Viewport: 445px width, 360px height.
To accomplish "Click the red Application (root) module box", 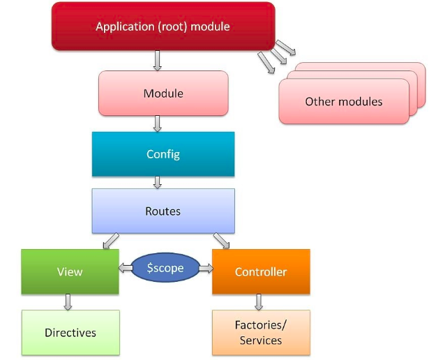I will tap(163, 27).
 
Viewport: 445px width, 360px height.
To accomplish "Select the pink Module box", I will tap(163, 93).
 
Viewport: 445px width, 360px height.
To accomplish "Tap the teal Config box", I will tap(163, 153).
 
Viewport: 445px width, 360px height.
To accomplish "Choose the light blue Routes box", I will tap(163, 210).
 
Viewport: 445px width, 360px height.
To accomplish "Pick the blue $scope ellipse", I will tap(165, 268).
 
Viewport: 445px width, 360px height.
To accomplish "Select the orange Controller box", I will tap(261, 271).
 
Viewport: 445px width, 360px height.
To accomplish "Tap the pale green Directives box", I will tap(70, 333).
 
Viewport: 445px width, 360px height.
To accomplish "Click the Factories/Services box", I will tap(261, 333).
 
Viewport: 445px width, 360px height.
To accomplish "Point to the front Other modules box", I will tap(343, 102).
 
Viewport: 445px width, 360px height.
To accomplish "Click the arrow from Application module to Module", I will tap(157, 61).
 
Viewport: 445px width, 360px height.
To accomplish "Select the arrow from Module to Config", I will tap(157, 123).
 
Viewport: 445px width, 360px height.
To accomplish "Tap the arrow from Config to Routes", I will tap(157, 182).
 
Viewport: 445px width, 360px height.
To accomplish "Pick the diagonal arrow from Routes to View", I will tap(110, 241).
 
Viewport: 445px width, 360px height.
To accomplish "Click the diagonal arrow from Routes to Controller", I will tap(221, 241).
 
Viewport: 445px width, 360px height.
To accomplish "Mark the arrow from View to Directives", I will tap(68, 301).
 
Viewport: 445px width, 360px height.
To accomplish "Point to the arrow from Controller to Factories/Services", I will tap(259, 301).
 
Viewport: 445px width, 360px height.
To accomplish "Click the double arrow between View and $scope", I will tap(124, 268).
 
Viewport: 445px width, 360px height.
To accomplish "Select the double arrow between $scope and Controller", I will tap(206, 268).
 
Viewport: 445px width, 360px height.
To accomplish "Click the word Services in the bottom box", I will tap(261, 340).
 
